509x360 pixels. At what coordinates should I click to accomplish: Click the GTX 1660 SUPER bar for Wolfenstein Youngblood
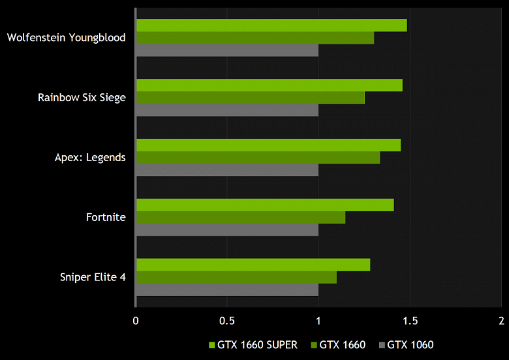tap(271, 25)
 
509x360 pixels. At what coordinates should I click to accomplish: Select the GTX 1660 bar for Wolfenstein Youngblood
tap(254, 38)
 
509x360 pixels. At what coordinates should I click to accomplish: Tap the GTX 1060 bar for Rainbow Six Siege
tap(227, 110)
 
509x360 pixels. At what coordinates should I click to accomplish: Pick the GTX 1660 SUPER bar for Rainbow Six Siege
tap(269, 85)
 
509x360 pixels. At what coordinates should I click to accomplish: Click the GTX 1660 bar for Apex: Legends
tap(258, 158)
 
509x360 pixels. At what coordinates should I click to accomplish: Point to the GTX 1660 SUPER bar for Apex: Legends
tap(268, 145)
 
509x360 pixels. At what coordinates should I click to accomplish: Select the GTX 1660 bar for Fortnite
tap(240, 218)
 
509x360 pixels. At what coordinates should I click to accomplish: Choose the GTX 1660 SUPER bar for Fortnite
tap(264, 205)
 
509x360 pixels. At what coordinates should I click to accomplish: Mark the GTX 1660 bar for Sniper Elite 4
tap(236, 278)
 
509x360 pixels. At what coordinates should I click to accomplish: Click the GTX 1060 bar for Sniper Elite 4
tap(227, 290)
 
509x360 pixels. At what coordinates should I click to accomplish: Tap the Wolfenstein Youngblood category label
tap(66, 38)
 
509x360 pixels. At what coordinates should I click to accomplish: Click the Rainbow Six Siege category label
tap(82, 98)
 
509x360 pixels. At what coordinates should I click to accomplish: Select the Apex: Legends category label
tap(90, 158)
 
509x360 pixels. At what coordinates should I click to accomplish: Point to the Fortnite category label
tap(106, 218)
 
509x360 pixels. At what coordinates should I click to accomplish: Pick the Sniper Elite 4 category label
tap(93, 278)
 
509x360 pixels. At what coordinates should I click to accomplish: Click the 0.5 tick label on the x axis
tap(227, 321)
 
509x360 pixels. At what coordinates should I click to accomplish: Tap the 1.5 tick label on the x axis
tap(410, 321)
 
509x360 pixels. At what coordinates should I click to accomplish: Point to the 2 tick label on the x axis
tap(501, 321)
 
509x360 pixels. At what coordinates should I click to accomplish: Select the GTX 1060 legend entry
tap(410, 345)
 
